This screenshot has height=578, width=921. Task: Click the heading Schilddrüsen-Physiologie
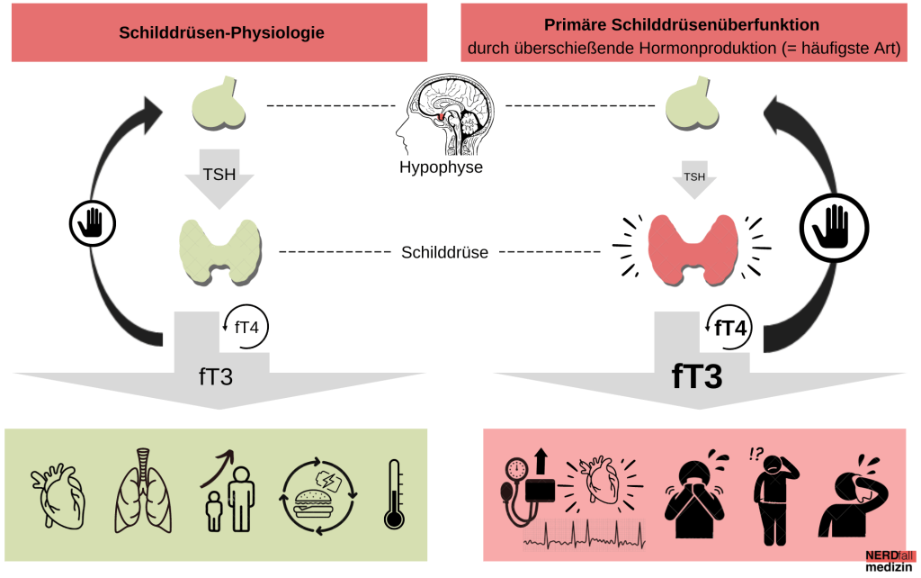(221, 33)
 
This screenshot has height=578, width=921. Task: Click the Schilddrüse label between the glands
(444, 252)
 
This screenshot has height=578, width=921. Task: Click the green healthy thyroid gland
(221, 248)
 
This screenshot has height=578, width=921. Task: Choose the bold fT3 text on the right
(698, 376)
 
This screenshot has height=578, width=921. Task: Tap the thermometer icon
(393, 494)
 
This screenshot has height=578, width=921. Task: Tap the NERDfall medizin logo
(889, 561)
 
